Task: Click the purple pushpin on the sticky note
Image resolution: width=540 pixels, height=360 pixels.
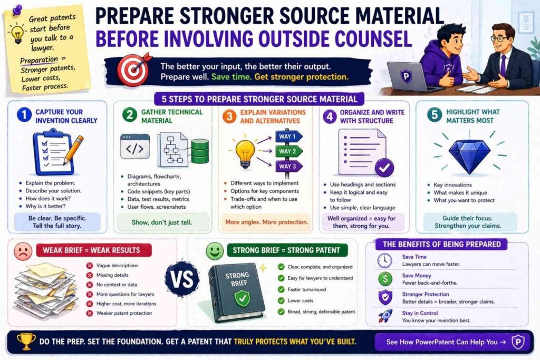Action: [x=16, y=9]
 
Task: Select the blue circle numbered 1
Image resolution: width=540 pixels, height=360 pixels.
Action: [x=24, y=115]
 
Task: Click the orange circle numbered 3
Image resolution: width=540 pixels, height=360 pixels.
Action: [x=229, y=116]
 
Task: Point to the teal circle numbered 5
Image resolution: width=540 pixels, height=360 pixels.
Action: [x=435, y=115]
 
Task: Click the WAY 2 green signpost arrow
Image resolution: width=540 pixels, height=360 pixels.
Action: [x=288, y=151]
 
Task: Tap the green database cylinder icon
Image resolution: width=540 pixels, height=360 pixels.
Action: [x=200, y=151]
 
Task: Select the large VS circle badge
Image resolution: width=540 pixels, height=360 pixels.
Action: [x=182, y=279]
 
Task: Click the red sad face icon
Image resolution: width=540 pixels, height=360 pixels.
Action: [x=23, y=251]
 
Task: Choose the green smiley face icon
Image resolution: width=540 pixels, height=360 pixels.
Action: [x=215, y=251]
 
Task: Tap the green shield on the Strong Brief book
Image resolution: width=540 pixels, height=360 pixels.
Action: [x=243, y=298]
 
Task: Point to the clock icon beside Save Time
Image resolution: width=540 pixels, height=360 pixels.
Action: [x=384, y=260]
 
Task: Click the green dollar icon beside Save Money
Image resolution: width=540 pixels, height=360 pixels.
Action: [x=384, y=278]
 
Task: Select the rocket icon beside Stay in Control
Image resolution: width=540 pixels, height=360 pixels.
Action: [x=385, y=316]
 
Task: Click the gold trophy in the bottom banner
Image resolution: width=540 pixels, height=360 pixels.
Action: [x=26, y=342]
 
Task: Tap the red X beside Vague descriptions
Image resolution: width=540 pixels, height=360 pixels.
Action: [x=90, y=266]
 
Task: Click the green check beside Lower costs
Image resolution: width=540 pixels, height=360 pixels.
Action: [x=282, y=300]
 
